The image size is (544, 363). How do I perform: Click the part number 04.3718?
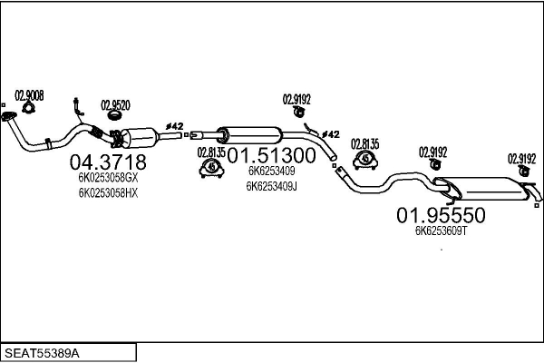click(x=107, y=162)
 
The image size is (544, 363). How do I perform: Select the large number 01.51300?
click(x=271, y=155)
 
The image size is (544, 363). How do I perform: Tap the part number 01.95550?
click(x=442, y=215)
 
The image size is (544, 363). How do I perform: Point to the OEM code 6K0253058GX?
click(x=107, y=179)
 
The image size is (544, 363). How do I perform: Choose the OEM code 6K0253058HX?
click(x=107, y=192)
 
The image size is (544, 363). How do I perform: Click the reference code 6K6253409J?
click(x=271, y=186)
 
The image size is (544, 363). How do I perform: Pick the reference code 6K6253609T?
click(x=441, y=231)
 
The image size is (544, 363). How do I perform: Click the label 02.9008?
click(x=29, y=94)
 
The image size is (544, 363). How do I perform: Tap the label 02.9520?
click(x=115, y=103)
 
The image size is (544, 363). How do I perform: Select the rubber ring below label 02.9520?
click(x=115, y=115)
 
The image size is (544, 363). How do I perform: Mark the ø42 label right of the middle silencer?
click(x=331, y=134)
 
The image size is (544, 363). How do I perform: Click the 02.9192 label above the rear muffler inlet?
click(x=432, y=152)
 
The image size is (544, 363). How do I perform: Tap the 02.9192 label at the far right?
click(x=521, y=156)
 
